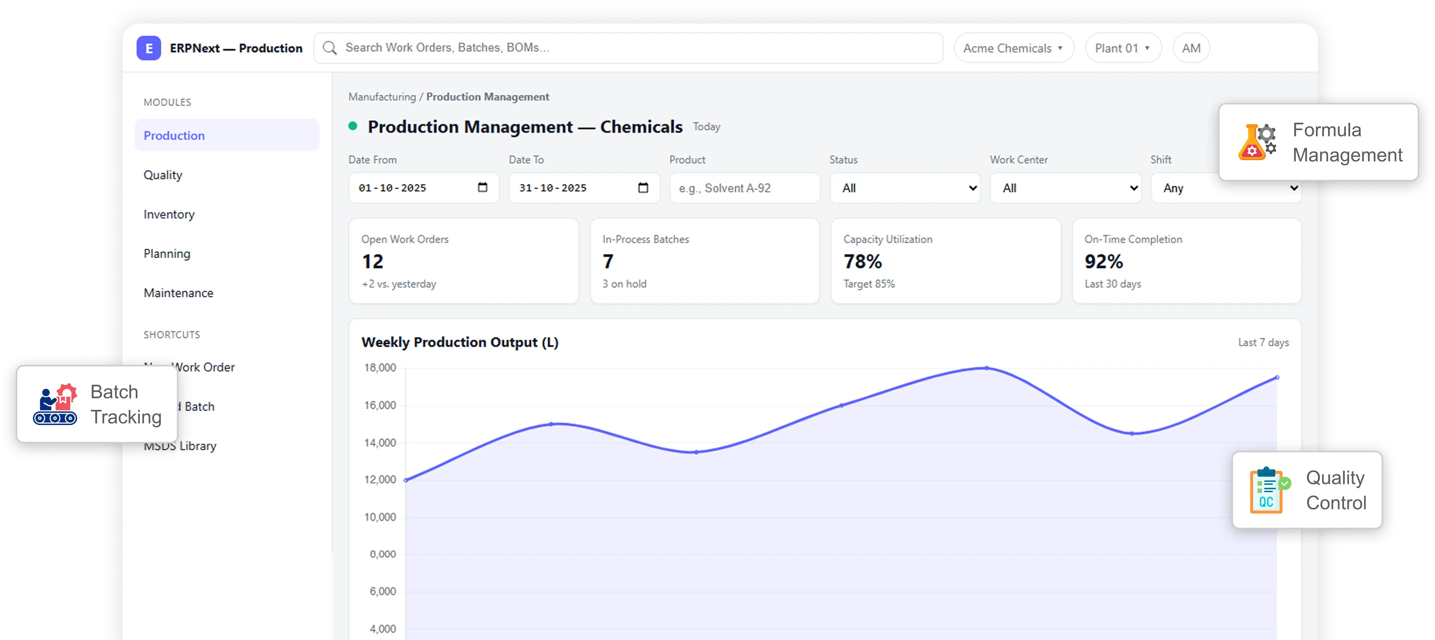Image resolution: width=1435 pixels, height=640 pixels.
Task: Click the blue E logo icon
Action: tap(149, 48)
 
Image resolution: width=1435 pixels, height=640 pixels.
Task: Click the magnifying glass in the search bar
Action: tap(330, 48)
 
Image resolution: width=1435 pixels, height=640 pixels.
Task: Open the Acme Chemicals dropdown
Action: tap(1013, 48)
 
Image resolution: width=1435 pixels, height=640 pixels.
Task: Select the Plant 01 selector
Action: tap(1122, 48)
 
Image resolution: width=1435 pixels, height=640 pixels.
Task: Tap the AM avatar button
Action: tap(1191, 48)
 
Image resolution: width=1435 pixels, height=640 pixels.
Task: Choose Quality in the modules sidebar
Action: tap(163, 175)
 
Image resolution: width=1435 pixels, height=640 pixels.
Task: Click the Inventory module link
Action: tap(169, 214)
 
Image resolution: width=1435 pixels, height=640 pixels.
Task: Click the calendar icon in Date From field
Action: tap(483, 187)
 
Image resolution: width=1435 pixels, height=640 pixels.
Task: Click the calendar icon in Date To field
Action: tap(643, 187)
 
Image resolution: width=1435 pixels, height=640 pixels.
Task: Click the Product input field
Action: tap(744, 188)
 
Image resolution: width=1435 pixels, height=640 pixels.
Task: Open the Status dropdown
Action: tap(905, 188)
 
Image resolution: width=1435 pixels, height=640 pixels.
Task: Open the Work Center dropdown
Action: tap(1065, 188)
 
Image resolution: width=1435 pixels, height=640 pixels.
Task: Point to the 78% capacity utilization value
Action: tap(862, 261)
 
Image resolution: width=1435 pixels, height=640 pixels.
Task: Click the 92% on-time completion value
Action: tap(1103, 261)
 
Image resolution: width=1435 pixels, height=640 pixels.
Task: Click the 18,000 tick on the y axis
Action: tap(380, 368)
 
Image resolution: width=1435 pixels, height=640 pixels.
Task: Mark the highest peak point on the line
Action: tap(987, 368)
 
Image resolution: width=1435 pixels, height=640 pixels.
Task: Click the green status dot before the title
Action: tap(353, 126)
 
